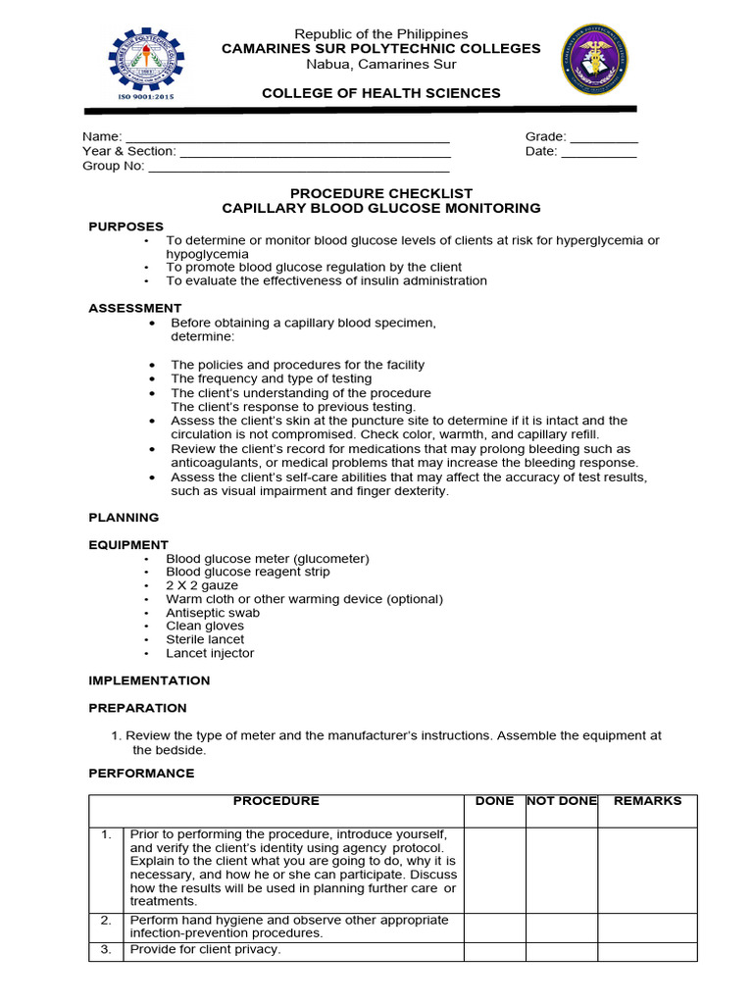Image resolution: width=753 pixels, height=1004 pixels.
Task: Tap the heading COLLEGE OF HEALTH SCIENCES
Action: (380, 93)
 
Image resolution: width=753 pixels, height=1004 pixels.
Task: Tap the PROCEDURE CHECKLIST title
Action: (381, 194)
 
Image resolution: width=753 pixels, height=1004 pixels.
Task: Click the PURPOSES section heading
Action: (126, 226)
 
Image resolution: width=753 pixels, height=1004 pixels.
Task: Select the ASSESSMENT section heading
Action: (135, 308)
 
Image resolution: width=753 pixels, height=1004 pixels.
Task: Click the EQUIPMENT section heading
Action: (128, 544)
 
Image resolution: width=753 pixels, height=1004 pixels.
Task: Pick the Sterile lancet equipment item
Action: (205, 639)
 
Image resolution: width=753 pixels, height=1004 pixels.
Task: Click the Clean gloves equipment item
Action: (205, 626)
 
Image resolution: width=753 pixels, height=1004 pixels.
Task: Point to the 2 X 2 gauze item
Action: (202, 585)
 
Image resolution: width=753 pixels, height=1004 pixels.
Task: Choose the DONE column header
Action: (494, 801)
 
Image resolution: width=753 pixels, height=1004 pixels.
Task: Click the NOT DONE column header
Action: (562, 801)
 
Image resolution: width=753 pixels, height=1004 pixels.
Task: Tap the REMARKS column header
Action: (647, 801)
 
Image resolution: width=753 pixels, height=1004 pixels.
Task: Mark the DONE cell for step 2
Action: (494, 927)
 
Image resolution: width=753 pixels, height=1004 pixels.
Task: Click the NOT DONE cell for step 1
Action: (562, 869)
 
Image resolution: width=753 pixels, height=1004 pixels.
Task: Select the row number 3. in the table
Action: (106, 950)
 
